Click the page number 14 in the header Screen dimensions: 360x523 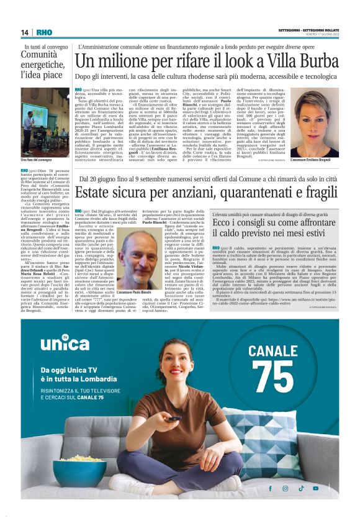point(24,32)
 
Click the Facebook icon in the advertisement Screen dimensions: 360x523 point(268,488)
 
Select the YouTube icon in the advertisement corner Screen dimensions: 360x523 point(316,488)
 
